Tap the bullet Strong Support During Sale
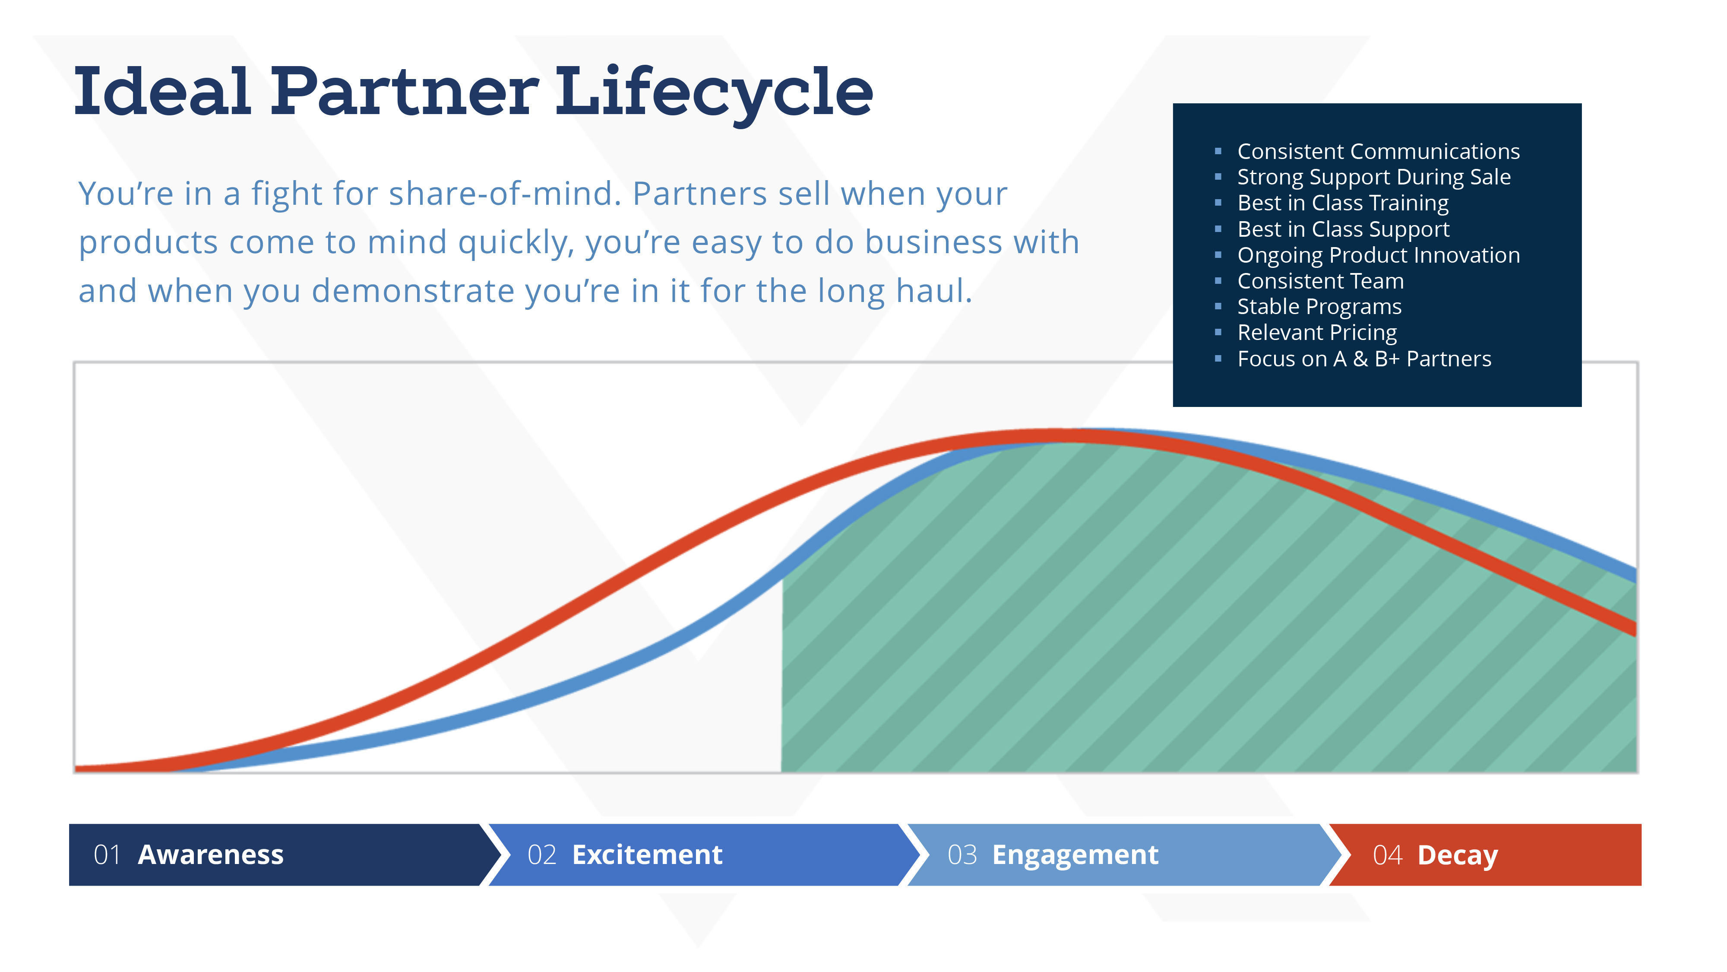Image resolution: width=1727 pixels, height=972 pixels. click(1374, 178)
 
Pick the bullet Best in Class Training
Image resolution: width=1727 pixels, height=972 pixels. click(1343, 203)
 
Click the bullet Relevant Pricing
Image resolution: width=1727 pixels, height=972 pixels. click(1317, 333)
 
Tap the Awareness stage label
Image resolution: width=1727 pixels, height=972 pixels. click(211, 854)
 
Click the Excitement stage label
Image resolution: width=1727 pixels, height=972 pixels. click(647, 854)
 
